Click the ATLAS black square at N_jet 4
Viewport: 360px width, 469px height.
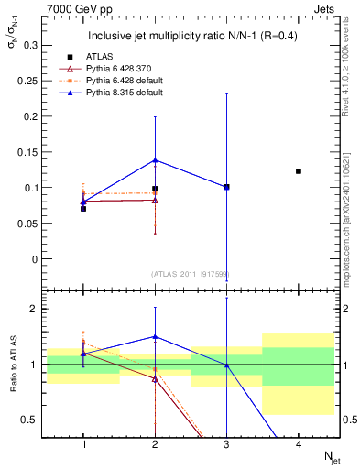[x=299, y=171]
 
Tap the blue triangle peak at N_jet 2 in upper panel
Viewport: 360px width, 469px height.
[x=155, y=160]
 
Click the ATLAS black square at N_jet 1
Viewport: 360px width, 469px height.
[x=83, y=209]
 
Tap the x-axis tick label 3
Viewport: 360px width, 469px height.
[x=226, y=444]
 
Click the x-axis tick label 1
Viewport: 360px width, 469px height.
[x=83, y=444]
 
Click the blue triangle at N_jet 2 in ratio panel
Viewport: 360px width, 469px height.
[x=155, y=337]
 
